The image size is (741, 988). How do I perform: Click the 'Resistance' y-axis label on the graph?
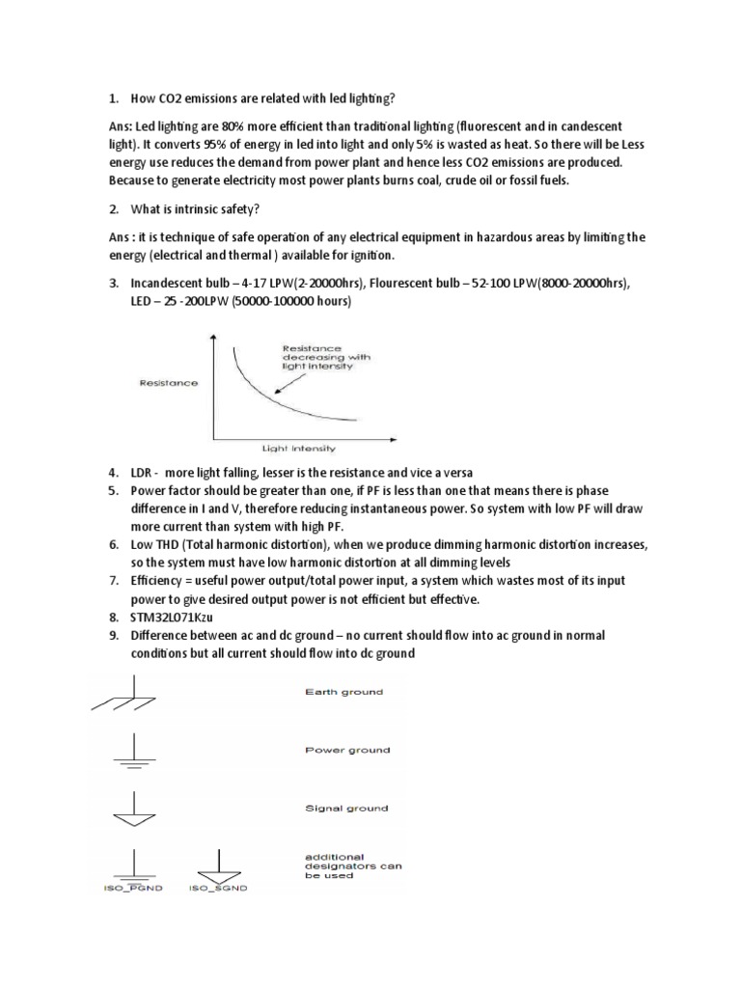[x=169, y=383]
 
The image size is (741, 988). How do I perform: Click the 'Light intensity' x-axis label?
[x=298, y=448]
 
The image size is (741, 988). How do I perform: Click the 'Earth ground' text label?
[x=343, y=692]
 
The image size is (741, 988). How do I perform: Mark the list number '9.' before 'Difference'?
[x=113, y=636]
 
